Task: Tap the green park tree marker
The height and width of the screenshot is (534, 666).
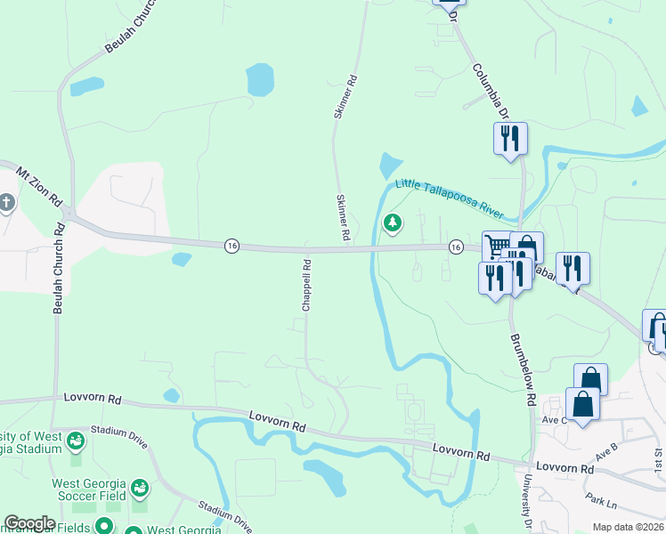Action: (x=392, y=222)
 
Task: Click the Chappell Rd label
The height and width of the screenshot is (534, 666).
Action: (x=305, y=285)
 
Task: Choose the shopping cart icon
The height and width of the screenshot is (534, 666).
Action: (x=498, y=245)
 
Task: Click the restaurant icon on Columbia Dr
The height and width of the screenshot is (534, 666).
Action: (x=510, y=138)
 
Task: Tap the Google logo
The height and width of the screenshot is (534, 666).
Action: (x=29, y=523)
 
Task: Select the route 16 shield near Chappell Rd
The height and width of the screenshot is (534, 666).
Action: (x=231, y=246)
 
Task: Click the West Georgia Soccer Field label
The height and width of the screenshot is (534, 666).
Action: (x=89, y=490)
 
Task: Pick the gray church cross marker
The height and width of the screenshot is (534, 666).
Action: (x=6, y=202)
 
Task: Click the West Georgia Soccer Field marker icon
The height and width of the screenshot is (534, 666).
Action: (x=140, y=487)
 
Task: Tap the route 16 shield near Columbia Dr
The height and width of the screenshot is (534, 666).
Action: (x=455, y=246)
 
